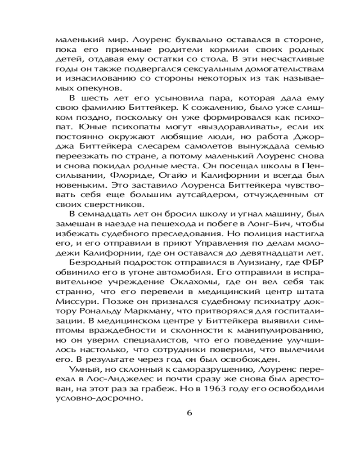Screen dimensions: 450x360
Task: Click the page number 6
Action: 189,413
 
